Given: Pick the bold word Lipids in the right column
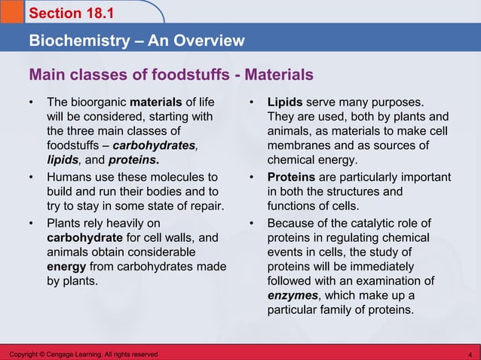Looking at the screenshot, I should point(285,102).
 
